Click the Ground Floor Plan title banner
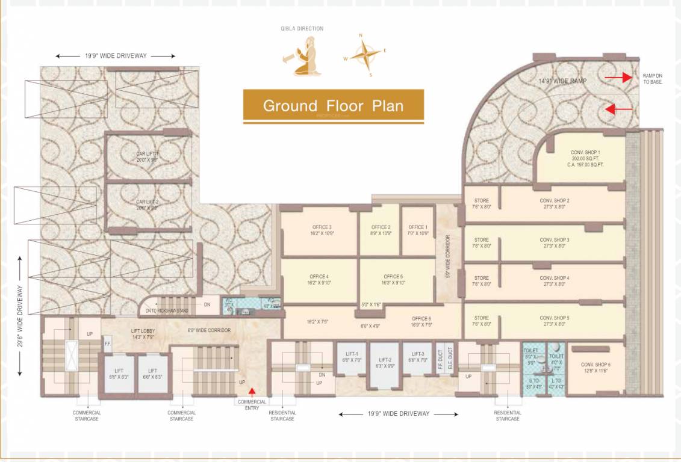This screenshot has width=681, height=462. tap(333, 106)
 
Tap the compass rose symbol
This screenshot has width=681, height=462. tap(365, 55)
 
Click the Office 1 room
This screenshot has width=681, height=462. tap(417, 230)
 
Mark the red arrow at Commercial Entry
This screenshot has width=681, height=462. tap(252, 392)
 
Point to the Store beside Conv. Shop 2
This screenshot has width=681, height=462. tap(481, 204)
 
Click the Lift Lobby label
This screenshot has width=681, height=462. tap(144, 333)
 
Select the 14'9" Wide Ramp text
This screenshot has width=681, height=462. tap(562, 81)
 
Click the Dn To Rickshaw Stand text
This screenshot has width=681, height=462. tap(167, 311)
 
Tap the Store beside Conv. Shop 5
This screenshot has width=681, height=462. tap(481, 321)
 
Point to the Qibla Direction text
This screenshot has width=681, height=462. tap(310, 28)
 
